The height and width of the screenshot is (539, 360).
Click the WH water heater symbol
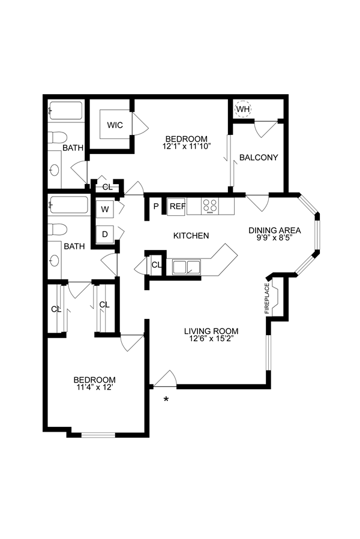click(244, 110)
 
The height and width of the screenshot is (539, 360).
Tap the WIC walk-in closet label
click(115, 125)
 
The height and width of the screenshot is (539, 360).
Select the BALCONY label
click(259, 158)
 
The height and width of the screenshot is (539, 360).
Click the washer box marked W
click(105, 209)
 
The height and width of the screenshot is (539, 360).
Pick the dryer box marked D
click(105, 234)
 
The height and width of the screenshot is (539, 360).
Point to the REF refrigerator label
click(176, 207)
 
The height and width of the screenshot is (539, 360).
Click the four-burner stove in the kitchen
click(210, 206)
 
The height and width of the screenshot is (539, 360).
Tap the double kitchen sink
click(187, 267)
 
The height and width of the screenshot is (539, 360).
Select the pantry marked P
click(156, 207)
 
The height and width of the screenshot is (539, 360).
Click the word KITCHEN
click(191, 236)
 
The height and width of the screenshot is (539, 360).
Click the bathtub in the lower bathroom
click(67, 206)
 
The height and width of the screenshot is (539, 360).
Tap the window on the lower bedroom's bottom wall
click(98, 435)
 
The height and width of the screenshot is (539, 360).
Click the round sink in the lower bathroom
click(55, 260)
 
